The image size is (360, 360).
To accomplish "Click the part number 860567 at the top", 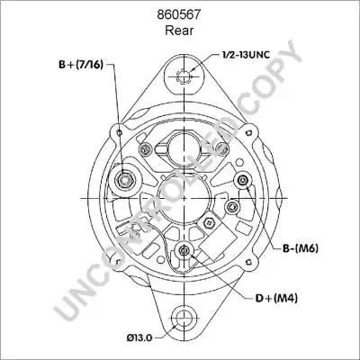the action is [x=179, y=14].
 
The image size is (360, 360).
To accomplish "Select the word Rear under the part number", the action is [x=179, y=31].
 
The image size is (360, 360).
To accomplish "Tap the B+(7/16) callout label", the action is [x=81, y=64].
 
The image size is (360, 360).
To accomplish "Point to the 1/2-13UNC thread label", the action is [x=246, y=55].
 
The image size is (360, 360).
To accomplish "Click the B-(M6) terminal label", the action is [x=301, y=248].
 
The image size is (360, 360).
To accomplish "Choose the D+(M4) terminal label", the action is [x=276, y=298].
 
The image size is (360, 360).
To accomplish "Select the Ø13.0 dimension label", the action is [x=139, y=337].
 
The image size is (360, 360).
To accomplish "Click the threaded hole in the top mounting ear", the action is [x=183, y=76].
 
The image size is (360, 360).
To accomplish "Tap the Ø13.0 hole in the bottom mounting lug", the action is [x=183, y=318].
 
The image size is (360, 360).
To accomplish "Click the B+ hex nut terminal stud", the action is [x=125, y=180].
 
